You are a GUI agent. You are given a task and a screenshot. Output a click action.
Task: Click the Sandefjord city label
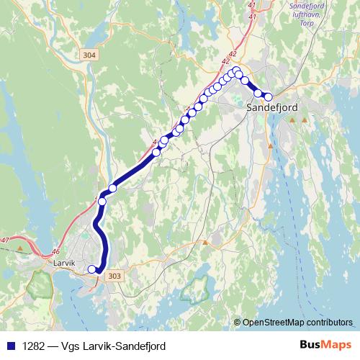click(271, 107)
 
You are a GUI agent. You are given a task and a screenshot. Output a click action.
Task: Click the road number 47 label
click(6, 240)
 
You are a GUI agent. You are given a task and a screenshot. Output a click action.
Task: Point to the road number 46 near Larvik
click(56, 251)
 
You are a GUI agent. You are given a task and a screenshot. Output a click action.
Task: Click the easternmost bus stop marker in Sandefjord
click(269, 96)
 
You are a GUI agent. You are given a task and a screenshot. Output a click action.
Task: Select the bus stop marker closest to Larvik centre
click(91, 269)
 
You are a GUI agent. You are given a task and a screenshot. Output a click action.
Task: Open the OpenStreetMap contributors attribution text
click(297, 323)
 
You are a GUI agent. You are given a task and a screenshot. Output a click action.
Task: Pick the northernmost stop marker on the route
click(235, 71)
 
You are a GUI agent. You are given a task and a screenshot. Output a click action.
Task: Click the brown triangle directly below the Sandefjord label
click(293, 119)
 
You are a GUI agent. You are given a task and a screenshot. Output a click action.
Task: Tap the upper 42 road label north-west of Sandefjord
click(233, 54)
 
